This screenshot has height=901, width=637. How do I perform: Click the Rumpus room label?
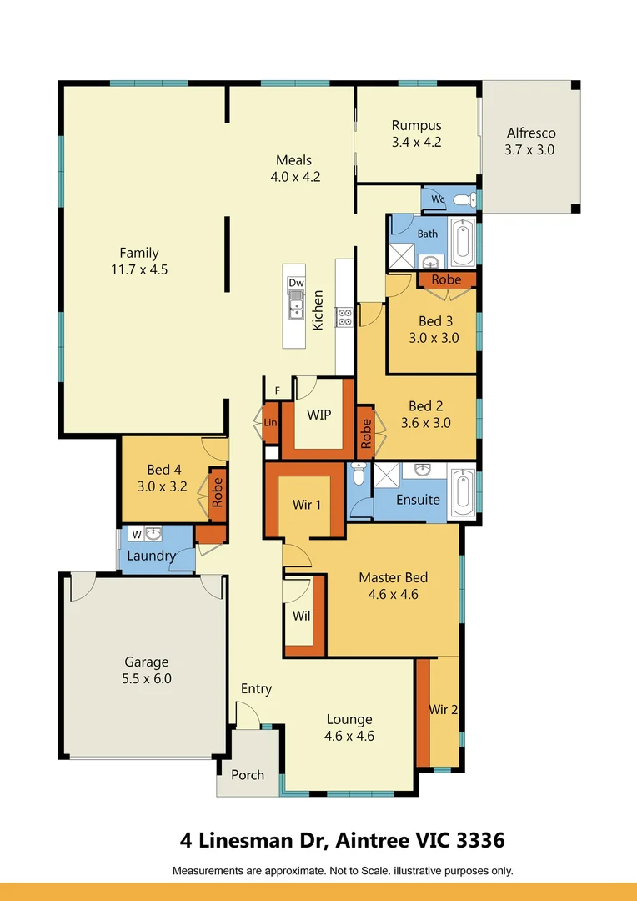click(416, 126)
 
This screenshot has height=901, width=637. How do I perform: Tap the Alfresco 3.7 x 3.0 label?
click(530, 141)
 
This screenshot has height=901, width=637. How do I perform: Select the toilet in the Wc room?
click(464, 200)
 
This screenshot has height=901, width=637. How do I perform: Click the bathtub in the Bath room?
click(462, 242)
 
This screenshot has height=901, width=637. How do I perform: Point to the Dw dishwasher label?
click(296, 283)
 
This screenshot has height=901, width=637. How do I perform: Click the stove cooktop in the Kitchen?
click(344, 317)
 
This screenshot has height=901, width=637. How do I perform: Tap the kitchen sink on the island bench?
click(296, 305)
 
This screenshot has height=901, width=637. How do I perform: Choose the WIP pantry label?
click(318, 415)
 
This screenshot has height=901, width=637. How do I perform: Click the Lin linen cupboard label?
click(270, 422)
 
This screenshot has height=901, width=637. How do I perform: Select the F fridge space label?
click(278, 390)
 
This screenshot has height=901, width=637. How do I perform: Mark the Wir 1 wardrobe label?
click(307, 505)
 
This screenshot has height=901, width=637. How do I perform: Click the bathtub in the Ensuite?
click(463, 492)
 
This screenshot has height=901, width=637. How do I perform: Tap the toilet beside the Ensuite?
click(359, 474)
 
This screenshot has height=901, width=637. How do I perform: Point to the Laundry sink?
click(153, 535)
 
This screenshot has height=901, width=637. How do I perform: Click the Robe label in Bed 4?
click(217, 492)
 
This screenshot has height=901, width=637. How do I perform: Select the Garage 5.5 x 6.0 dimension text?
click(147, 678)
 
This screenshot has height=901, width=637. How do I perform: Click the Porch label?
click(248, 774)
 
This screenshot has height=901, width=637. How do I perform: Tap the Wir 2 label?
click(444, 710)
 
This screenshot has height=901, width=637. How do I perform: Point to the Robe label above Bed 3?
click(446, 279)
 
